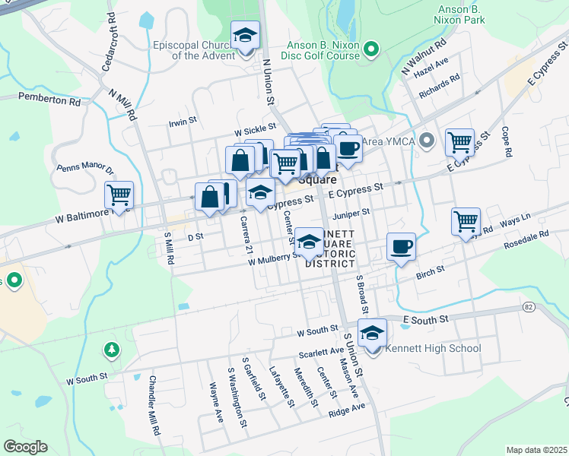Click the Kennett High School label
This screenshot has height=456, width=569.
[434, 349]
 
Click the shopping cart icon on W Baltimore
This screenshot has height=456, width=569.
[119, 195]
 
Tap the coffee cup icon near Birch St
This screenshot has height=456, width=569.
[401, 246]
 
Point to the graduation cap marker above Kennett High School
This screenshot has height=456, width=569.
[373, 332]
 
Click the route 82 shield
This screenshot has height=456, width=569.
[528, 306]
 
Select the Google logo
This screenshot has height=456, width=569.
[25, 447]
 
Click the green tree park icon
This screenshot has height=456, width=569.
[112, 350]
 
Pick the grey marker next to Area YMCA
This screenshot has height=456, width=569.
[427, 141]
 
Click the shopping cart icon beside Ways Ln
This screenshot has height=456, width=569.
[466, 221]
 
